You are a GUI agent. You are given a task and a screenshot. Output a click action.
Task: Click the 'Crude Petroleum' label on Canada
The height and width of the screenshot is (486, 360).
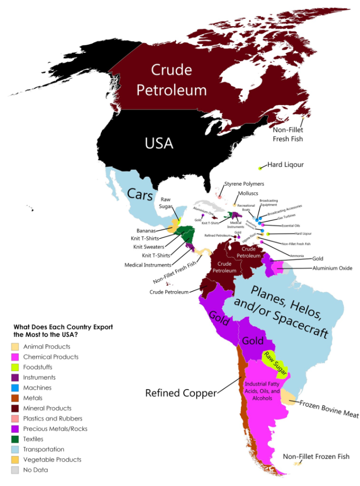tap(171, 79)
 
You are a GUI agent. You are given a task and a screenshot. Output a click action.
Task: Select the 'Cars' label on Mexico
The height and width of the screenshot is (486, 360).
tap(140, 194)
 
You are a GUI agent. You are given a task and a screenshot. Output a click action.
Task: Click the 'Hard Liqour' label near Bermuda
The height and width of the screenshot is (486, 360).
tap(285, 164)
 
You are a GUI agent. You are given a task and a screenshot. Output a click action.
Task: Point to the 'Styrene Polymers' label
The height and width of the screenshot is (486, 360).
tap(245, 184)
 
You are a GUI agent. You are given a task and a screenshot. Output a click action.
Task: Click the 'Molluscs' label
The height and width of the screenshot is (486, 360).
tap(248, 193)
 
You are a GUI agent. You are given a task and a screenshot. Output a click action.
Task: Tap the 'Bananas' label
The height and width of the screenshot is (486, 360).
tap(144, 230)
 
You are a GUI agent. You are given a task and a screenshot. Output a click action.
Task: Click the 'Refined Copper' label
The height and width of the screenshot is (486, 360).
tap(181, 393)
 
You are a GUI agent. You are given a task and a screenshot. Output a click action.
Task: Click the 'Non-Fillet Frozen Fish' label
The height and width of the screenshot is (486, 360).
tap(316, 456)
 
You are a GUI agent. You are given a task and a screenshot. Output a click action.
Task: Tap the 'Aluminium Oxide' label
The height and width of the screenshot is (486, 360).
tap(332, 268)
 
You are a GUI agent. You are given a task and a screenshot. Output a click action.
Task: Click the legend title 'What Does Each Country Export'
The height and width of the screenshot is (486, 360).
tap(63, 326)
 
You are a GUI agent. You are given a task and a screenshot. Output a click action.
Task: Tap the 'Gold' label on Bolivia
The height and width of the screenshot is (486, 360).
tap(253, 341)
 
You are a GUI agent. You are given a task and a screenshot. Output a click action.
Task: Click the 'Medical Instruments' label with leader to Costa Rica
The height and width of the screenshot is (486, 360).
tap(148, 265)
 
